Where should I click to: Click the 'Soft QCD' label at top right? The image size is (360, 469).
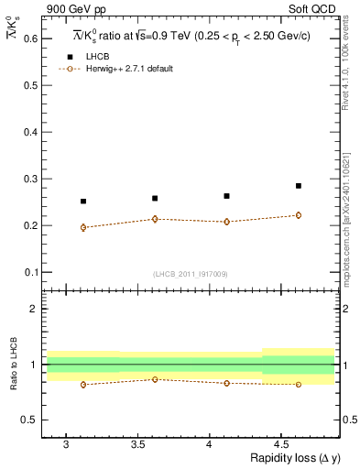point(316,8)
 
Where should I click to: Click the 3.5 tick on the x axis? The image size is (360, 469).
point(137,443)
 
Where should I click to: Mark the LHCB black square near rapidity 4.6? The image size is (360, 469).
point(298,186)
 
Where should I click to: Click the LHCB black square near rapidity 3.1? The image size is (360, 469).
point(83,202)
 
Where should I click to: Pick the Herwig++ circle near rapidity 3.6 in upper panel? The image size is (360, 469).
point(155,219)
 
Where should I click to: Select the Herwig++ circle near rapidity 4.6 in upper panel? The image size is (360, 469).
point(298,215)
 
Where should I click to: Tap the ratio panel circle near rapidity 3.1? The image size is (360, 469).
point(83,385)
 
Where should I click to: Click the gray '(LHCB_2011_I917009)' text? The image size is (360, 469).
point(191,274)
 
